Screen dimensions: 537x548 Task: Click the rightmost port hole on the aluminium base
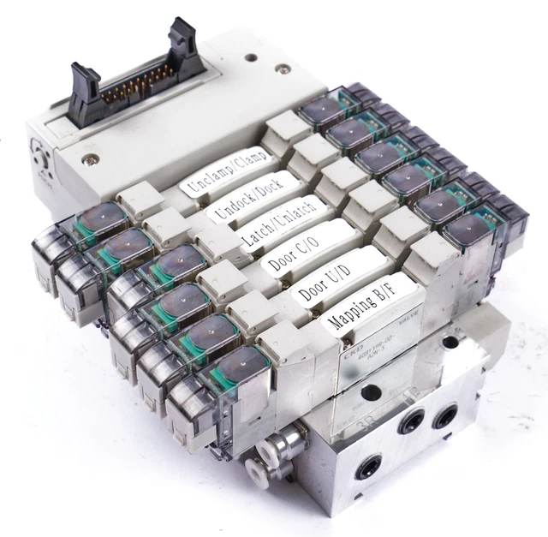(x=444, y=418)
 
